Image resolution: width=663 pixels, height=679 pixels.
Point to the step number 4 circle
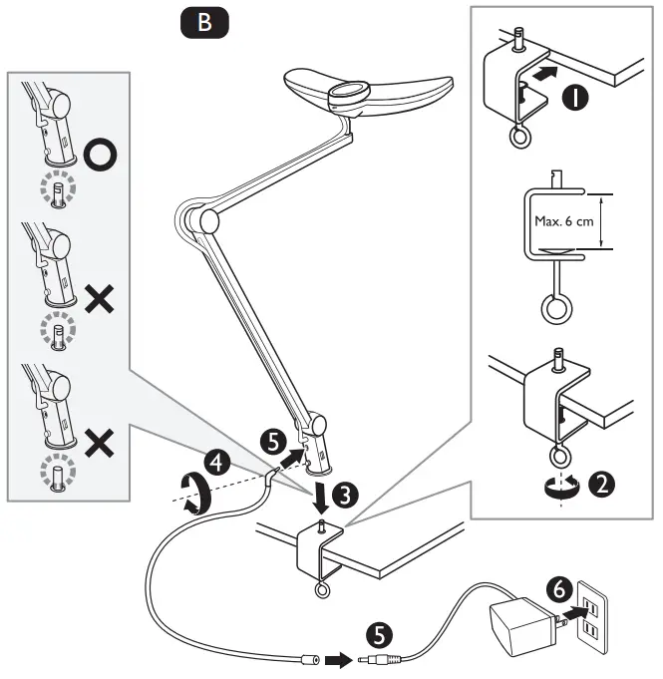tap(215, 461)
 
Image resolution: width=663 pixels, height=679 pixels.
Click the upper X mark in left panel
tap(100, 299)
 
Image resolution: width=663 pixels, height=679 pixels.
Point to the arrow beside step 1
tap(541, 73)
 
